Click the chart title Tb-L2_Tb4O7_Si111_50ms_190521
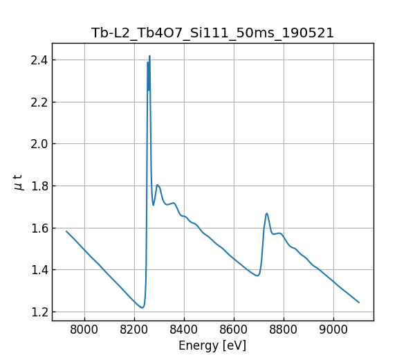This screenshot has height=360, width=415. click(212, 33)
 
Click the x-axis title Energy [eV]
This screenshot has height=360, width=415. click(212, 345)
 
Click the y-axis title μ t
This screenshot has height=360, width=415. click(19, 182)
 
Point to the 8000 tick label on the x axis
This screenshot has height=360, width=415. click(84, 330)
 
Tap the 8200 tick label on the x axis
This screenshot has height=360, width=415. click(134, 330)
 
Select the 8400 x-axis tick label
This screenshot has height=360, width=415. click(184, 330)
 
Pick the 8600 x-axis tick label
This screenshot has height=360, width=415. click(234, 330)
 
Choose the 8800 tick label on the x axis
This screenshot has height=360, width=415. click(284, 330)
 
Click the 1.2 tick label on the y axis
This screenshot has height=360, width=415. click(38, 312)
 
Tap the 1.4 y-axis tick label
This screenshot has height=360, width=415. click(38, 270)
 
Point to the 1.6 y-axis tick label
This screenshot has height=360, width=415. click(38, 228)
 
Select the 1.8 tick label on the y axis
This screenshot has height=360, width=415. click(38, 186)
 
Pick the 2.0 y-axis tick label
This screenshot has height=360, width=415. click(38, 144)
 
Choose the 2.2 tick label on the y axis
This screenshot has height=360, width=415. click(38, 102)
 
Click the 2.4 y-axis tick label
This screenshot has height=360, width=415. click(38, 60)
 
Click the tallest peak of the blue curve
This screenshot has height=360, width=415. click(149, 56)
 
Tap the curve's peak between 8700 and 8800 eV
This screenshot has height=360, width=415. click(267, 213)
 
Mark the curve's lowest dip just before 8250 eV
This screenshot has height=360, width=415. click(142, 307)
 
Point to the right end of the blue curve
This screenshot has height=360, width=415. click(359, 303)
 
